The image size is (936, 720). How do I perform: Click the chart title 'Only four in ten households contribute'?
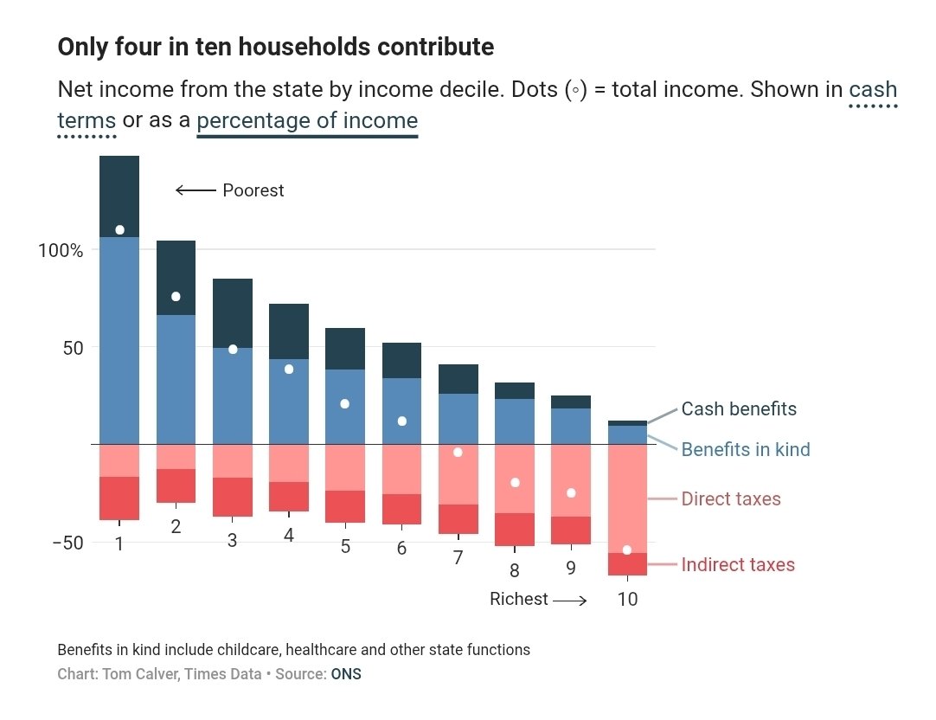coord(275,47)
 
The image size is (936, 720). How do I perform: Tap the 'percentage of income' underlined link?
coord(307,120)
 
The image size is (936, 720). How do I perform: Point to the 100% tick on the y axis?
coord(61,250)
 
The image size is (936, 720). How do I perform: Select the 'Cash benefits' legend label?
coord(739,408)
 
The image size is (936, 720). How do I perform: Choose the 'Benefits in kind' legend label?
coord(746,449)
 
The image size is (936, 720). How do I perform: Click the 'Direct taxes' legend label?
coord(731,499)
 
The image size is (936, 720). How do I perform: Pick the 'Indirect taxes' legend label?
coord(738,565)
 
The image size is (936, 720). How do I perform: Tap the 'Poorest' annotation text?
coord(253,190)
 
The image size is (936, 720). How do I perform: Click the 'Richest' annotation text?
coord(519,599)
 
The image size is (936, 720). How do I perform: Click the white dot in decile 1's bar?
coord(119,229)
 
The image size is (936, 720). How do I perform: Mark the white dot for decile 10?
coord(627,550)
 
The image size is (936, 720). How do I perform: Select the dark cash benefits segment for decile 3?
coord(233,312)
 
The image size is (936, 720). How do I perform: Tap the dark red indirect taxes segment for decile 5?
coord(345,506)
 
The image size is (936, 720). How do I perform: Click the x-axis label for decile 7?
coord(458,558)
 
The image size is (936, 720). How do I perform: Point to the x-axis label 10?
coord(628,599)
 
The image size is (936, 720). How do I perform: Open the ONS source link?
coord(346,674)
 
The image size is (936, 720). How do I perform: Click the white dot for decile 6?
coord(401,421)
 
